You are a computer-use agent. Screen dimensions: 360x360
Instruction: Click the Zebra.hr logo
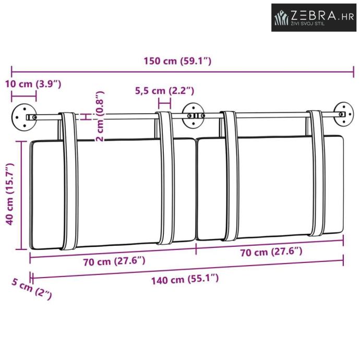(x=314, y=17)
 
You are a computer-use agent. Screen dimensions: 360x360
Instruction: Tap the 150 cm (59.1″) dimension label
(x=177, y=61)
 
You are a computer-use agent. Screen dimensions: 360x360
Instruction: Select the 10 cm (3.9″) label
(x=33, y=84)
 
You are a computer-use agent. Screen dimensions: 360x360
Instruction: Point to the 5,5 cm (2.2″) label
(x=165, y=91)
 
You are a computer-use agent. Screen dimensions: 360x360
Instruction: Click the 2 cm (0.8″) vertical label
(x=100, y=116)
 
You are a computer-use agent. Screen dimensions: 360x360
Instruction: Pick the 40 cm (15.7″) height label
(x=10, y=194)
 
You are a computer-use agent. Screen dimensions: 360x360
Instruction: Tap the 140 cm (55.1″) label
(x=185, y=280)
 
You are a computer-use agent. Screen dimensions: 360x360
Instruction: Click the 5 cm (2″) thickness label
(x=32, y=289)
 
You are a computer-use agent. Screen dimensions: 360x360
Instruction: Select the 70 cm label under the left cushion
(x=114, y=261)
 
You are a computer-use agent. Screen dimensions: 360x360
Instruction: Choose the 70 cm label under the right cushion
(x=271, y=252)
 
